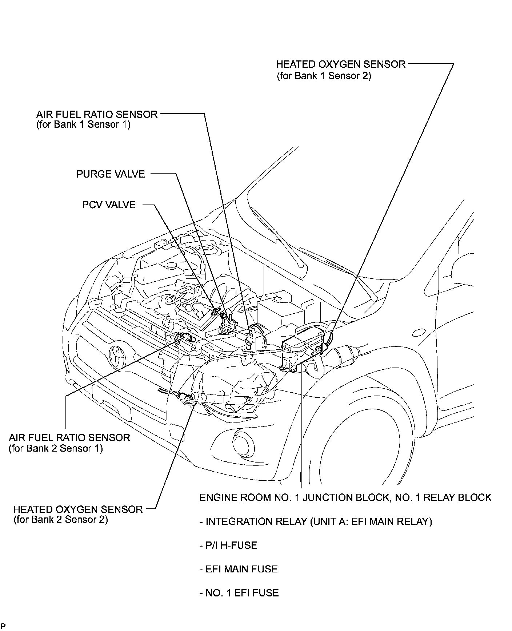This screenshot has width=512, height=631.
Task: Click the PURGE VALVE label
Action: click(111, 174)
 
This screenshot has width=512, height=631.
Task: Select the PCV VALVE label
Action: click(109, 205)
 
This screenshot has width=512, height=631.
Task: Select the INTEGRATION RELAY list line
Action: click(316, 522)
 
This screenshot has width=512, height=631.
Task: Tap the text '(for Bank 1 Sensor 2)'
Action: click(324, 76)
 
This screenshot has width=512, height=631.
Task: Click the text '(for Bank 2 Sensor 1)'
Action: click(56, 448)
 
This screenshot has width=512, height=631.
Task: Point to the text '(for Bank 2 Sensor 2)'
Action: click(60, 519)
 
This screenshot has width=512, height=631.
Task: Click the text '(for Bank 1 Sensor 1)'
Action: click(83, 125)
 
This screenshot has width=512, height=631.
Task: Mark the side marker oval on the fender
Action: click(419, 332)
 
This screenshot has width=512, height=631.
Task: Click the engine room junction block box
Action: click(302, 349)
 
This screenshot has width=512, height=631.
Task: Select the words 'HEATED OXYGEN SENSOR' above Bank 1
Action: click(341, 64)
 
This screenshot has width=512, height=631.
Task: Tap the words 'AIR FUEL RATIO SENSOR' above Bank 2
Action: click(69, 437)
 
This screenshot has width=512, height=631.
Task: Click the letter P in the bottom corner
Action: click(3, 626)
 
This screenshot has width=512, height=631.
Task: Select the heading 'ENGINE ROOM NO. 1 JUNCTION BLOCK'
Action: click(291, 497)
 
